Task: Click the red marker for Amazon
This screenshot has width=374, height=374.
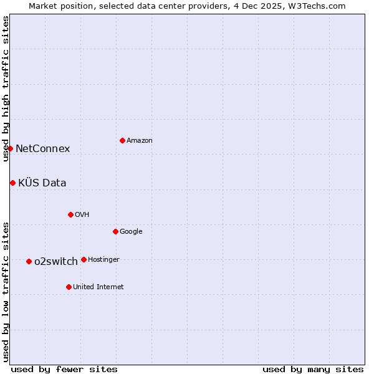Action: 122,140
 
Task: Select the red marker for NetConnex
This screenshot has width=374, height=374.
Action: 10,148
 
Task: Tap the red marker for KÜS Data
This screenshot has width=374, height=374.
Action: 12,183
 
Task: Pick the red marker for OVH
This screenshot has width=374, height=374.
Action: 70,214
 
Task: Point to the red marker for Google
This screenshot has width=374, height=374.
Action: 115,231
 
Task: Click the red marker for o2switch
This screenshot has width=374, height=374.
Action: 29,261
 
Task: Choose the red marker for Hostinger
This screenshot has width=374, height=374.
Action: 84,259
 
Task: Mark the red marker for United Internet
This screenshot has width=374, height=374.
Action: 69,287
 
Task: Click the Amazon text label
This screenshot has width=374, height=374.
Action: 140,141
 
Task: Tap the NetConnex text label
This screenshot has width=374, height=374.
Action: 42,148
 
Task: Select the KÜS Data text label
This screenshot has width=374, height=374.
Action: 42,183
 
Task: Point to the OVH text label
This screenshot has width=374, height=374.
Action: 82,215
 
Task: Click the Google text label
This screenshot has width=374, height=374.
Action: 131,232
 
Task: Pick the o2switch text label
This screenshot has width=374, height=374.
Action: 56,261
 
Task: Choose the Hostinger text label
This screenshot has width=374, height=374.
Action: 103,259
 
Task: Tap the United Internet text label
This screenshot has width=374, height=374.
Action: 98,287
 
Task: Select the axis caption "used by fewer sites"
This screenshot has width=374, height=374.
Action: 64,369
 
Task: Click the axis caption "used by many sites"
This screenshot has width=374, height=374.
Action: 313,369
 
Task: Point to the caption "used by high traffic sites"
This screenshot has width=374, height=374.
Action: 6,89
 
